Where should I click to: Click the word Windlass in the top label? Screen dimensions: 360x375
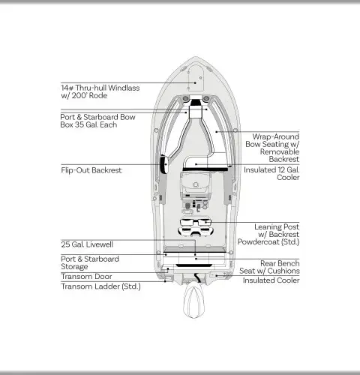click(124, 88)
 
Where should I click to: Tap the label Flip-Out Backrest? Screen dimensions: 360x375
click(91, 170)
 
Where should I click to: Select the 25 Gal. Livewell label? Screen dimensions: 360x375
click(87, 244)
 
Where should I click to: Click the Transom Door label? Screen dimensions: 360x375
click(86, 277)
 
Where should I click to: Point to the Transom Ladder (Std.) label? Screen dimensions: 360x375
click(100, 286)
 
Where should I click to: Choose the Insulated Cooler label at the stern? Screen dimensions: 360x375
click(271, 280)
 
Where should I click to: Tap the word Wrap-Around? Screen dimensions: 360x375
click(276, 136)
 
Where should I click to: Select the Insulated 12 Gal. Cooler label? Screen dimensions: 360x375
click(271, 173)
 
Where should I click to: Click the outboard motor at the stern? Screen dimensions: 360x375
click(194, 301)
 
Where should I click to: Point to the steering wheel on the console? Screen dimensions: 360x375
click(196, 184)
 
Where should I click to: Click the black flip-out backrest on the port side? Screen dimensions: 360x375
click(164, 164)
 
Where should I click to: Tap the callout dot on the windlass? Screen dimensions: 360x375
click(195, 82)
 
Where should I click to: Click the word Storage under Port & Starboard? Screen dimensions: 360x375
click(74, 267)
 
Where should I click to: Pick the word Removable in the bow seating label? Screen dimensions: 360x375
click(280, 151)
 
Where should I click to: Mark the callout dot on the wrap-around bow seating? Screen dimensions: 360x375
click(217, 131)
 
